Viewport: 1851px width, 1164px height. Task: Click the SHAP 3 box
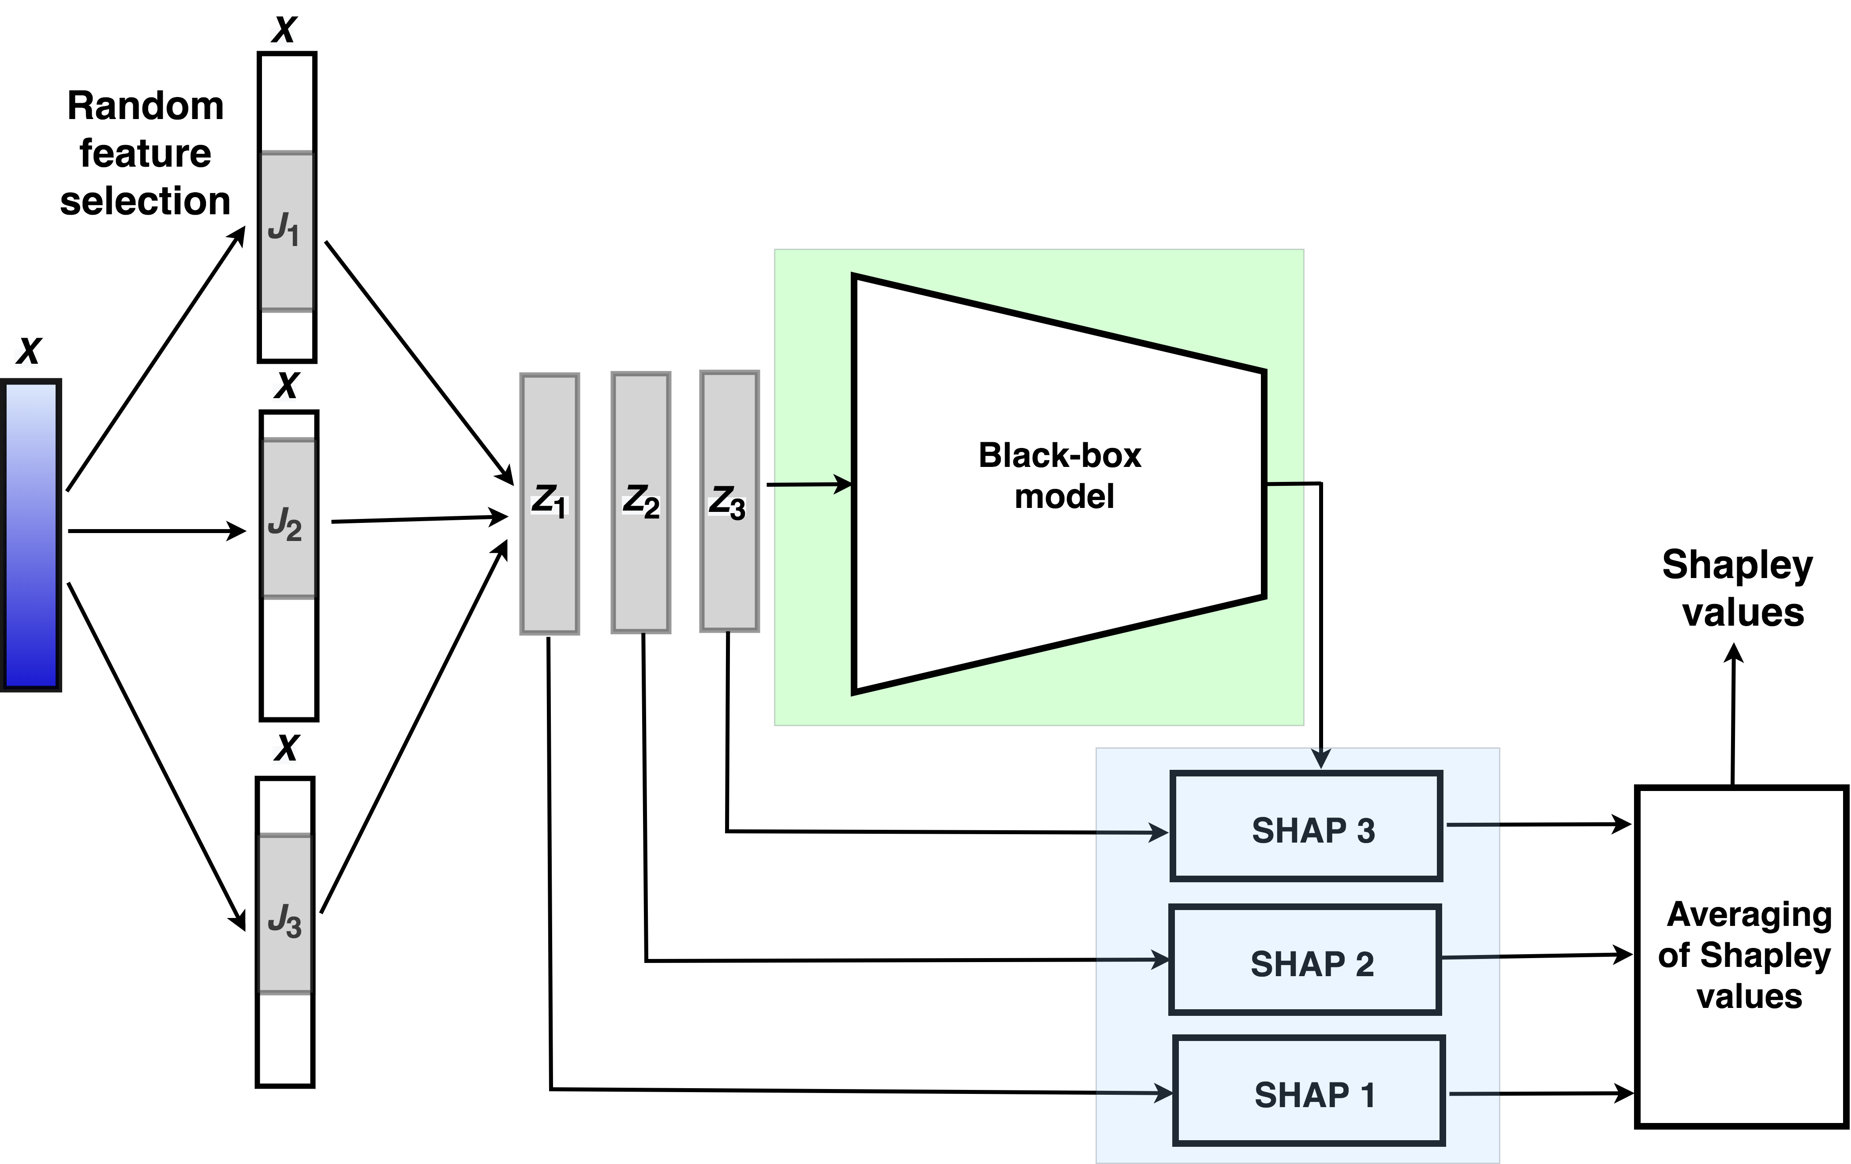pyautogui.click(x=1305, y=826)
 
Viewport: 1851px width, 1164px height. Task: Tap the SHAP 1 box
pyautogui.click(x=1308, y=1091)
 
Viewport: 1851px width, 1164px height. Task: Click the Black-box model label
pyautogui.click(x=1061, y=476)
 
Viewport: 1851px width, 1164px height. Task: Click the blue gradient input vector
pyautogui.click(x=31, y=536)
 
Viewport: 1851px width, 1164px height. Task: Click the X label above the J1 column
pyautogui.click(x=284, y=31)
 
